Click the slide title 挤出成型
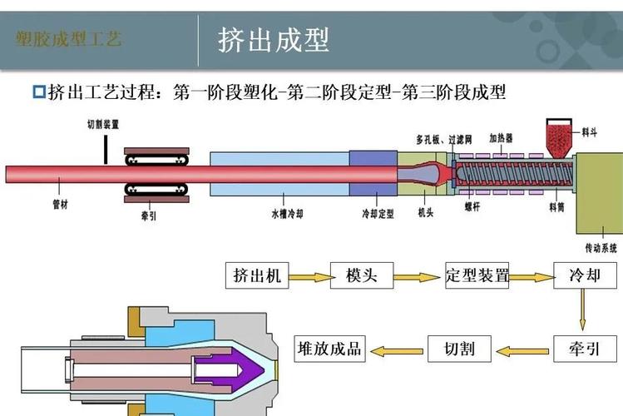pyautogui.click(x=274, y=38)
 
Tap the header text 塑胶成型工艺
pyautogui.click(x=68, y=39)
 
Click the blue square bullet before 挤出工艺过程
pyautogui.click(x=38, y=91)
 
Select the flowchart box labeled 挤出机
pyautogui.click(x=257, y=275)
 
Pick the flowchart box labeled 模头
pyautogui.click(x=362, y=275)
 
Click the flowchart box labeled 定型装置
pyautogui.click(x=477, y=275)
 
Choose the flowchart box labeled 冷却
pyautogui.click(x=584, y=275)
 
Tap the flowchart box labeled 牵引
pyautogui.click(x=584, y=348)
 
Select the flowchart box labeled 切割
pyautogui.click(x=459, y=348)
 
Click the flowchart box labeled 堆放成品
pyautogui.click(x=329, y=348)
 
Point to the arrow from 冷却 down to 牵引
pyautogui.click(x=584, y=311)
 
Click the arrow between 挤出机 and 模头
pyautogui.click(x=309, y=275)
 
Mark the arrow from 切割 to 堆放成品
pyautogui.click(x=396, y=349)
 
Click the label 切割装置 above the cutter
pyautogui.click(x=103, y=124)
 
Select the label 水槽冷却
pyautogui.click(x=286, y=213)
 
